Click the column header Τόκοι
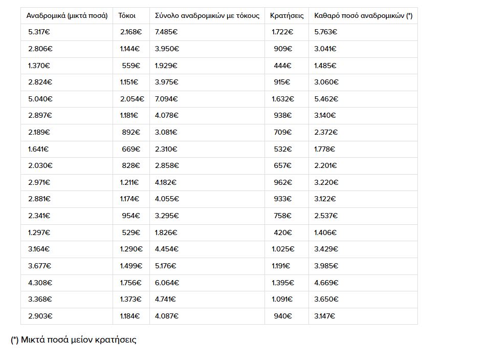pyautogui.click(x=127, y=16)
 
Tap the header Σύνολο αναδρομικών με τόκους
pyautogui.click(x=207, y=16)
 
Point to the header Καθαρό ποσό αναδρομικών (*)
pyautogui.click(x=363, y=16)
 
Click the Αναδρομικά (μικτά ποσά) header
pyautogui.click(x=67, y=16)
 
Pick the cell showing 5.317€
pyautogui.click(x=39, y=32)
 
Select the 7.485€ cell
pyautogui.click(x=166, y=32)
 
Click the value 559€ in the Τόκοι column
pyautogui.click(x=131, y=66)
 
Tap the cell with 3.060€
pyautogui.click(x=326, y=82)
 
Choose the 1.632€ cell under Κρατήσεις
pyautogui.click(x=282, y=99)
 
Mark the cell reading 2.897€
pyautogui.click(x=40, y=115)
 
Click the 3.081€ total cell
pyautogui.click(x=166, y=132)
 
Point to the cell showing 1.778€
pyautogui.click(x=325, y=149)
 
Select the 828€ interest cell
pyautogui.click(x=131, y=165)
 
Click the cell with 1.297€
pyautogui.click(x=39, y=232)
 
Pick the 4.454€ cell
pyautogui.click(x=167, y=249)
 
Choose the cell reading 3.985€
pyautogui.click(x=326, y=266)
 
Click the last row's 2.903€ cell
pyautogui.click(x=40, y=316)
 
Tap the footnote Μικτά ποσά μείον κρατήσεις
pyautogui.click(x=74, y=340)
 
